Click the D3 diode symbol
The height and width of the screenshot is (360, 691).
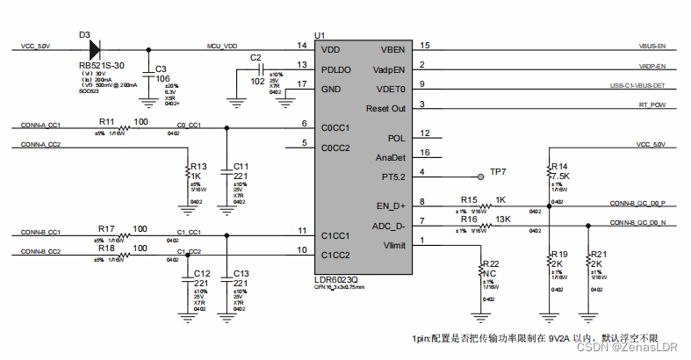tap(91, 47)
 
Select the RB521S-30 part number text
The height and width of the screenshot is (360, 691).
tap(101, 65)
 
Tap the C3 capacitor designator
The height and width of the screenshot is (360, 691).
tap(161, 68)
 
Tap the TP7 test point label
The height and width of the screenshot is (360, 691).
tap(498, 171)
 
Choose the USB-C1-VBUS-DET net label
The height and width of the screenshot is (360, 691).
tap(638, 86)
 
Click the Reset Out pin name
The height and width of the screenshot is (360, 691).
tap(385, 108)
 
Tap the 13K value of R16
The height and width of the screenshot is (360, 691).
tap(503, 219)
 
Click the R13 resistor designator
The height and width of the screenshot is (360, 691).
tap(198, 166)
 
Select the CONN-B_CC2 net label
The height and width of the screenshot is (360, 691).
tap(40, 252)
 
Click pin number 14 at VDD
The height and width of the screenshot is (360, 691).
tap(300, 45)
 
